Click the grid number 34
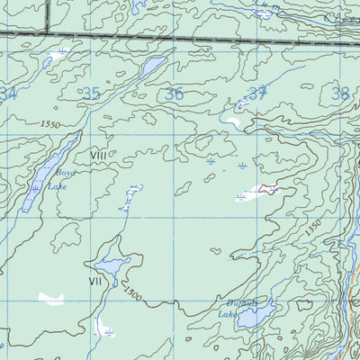(x=9, y=94)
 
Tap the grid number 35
(x=91, y=93)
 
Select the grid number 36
(x=175, y=93)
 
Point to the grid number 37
(x=258, y=92)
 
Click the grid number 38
(x=339, y=93)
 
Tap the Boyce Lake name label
(x=57, y=178)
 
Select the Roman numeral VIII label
(x=98, y=156)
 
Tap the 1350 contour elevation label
(x=312, y=229)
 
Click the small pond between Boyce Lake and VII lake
(x=130, y=195)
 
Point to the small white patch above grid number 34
(x=57, y=56)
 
